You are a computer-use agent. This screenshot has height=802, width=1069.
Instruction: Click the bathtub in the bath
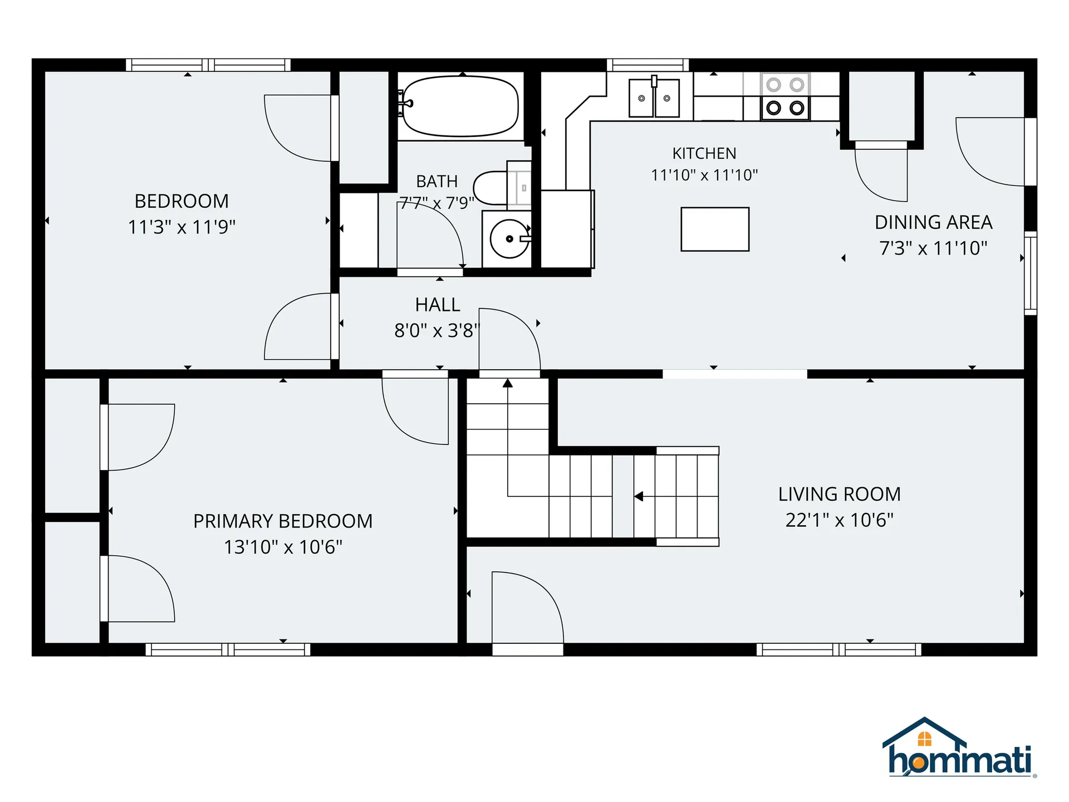click(x=460, y=106)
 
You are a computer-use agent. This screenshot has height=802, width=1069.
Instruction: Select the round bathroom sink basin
click(x=509, y=239)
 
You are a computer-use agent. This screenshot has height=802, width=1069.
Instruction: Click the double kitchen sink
click(x=654, y=98)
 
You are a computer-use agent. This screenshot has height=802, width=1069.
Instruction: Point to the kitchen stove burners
click(x=785, y=96)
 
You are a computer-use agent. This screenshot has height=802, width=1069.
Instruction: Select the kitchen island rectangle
click(x=715, y=229)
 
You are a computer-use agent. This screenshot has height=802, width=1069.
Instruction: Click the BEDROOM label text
click(x=182, y=201)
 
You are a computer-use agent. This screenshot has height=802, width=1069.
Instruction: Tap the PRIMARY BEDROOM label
click(x=283, y=521)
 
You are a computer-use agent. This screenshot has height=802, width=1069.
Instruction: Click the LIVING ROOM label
click(x=839, y=494)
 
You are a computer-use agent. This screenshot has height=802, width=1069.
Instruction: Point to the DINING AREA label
click(x=933, y=222)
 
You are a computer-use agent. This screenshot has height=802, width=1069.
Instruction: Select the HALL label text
click(x=438, y=305)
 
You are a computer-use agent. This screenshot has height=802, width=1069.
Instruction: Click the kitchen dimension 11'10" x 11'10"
click(x=704, y=175)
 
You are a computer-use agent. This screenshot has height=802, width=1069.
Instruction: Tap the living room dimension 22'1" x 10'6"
click(x=839, y=520)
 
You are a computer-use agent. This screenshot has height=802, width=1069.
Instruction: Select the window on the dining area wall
click(x=1031, y=273)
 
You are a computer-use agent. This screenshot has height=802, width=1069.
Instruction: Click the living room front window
click(x=838, y=649)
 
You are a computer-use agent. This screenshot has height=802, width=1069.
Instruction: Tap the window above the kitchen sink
click(x=648, y=65)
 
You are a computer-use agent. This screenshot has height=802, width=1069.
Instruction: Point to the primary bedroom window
click(x=228, y=649)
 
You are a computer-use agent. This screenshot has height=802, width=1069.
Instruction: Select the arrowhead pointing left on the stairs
click(x=639, y=496)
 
